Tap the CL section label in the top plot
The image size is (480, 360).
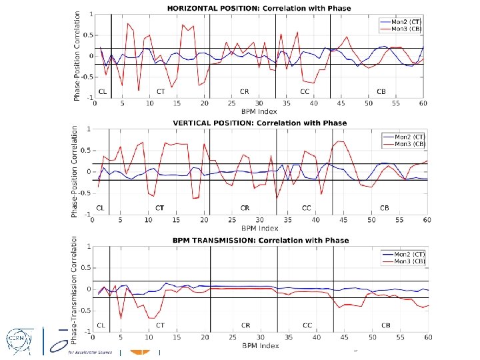pyautogui.click(x=102, y=91)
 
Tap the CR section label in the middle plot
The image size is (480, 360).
pyautogui.click(x=245, y=207)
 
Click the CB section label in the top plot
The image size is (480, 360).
pyautogui.click(x=381, y=91)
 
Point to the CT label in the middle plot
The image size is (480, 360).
pyautogui.click(x=160, y=207)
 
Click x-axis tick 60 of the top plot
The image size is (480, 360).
pyautogui.click(x=423, y=104)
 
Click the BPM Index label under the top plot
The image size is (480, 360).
pyautogui.click(x=259, y=111)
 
